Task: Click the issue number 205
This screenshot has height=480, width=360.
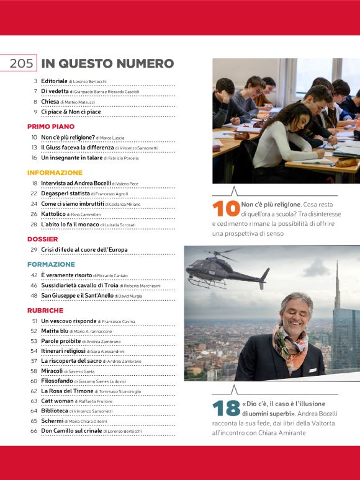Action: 21,64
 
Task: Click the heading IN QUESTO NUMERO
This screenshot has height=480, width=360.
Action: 107,64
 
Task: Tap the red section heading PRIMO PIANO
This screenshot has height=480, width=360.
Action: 51,126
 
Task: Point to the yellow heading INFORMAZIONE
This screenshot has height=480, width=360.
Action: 55,172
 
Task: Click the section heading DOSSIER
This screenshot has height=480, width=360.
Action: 43,239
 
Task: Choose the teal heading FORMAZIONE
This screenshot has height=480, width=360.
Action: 51,264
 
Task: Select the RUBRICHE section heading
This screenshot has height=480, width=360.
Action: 45,310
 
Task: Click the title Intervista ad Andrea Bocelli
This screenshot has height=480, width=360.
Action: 76,184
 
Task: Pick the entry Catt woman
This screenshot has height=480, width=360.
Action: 58,401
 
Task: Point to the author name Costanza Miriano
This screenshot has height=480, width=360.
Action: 126,204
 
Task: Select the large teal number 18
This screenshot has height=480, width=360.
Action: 225,408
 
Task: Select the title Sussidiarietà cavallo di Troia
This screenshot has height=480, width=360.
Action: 79,285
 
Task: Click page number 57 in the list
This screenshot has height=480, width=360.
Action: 34,361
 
